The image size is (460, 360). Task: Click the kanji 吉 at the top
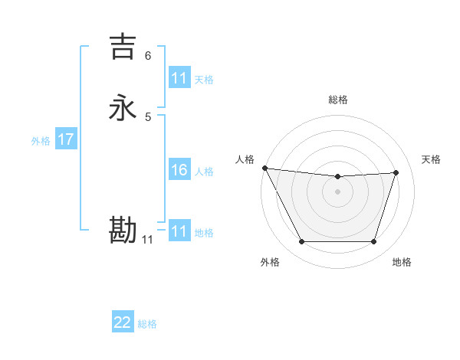[123, 47]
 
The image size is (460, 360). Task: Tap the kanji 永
[123, 108]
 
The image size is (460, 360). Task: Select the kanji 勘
[123, 231]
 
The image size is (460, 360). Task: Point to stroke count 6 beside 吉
[148, 56]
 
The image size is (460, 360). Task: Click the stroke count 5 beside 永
[148, 117]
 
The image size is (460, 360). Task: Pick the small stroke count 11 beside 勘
[148, 240]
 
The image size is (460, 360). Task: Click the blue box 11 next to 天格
[179, 78]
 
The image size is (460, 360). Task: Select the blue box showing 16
[179, 170]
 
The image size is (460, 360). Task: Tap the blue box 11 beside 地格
[179, 231]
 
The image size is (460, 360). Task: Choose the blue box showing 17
[66, 139]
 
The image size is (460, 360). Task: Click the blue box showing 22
[123, 322]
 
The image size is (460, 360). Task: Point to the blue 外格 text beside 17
[41, 141]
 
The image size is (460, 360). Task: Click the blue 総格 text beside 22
[147, 324]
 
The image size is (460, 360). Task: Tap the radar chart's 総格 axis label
[338, 100]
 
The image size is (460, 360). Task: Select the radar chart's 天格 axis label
[432, 159]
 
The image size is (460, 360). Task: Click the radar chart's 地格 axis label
[402, 262]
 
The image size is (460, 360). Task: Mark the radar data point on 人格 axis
[264, 168]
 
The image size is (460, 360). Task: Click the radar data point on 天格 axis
[396, 172]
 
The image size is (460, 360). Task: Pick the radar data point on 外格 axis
[301, 242]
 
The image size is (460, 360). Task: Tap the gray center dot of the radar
[338, 191]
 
